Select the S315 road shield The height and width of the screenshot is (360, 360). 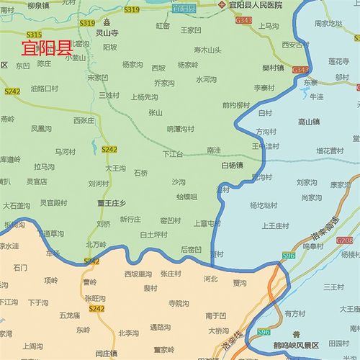(x=34, y=35)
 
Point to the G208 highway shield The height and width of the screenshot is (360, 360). (x=345, y=240)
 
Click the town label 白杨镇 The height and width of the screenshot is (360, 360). (x=232, y=164)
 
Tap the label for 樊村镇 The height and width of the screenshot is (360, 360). (x=273, y=68)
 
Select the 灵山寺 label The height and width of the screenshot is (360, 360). (x=107, y=32)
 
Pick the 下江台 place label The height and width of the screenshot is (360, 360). (x=173, y=154)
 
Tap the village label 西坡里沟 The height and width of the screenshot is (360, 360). (x=138, y=274)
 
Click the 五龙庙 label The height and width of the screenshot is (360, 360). (x=69, y=315)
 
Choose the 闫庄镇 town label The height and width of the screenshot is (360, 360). (x=107, y=354)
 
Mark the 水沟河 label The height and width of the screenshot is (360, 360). (x=206, y=80)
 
